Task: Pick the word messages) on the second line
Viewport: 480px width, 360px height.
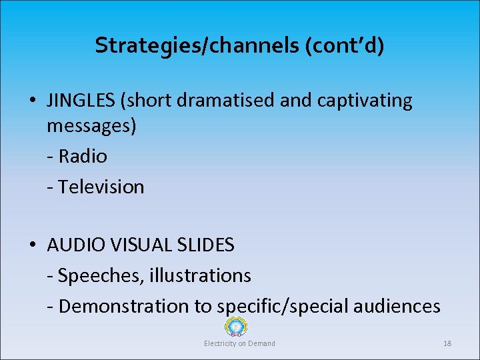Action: (91, 126)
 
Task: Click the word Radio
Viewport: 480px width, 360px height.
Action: (83, 156)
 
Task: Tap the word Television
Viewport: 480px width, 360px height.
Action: (101, 187)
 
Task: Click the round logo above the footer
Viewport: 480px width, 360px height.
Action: (236, 327)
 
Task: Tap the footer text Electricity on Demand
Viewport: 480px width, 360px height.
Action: (239, 343)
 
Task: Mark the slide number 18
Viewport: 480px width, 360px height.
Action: (447, 343)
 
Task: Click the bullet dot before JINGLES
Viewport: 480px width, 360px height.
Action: (32, 101)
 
